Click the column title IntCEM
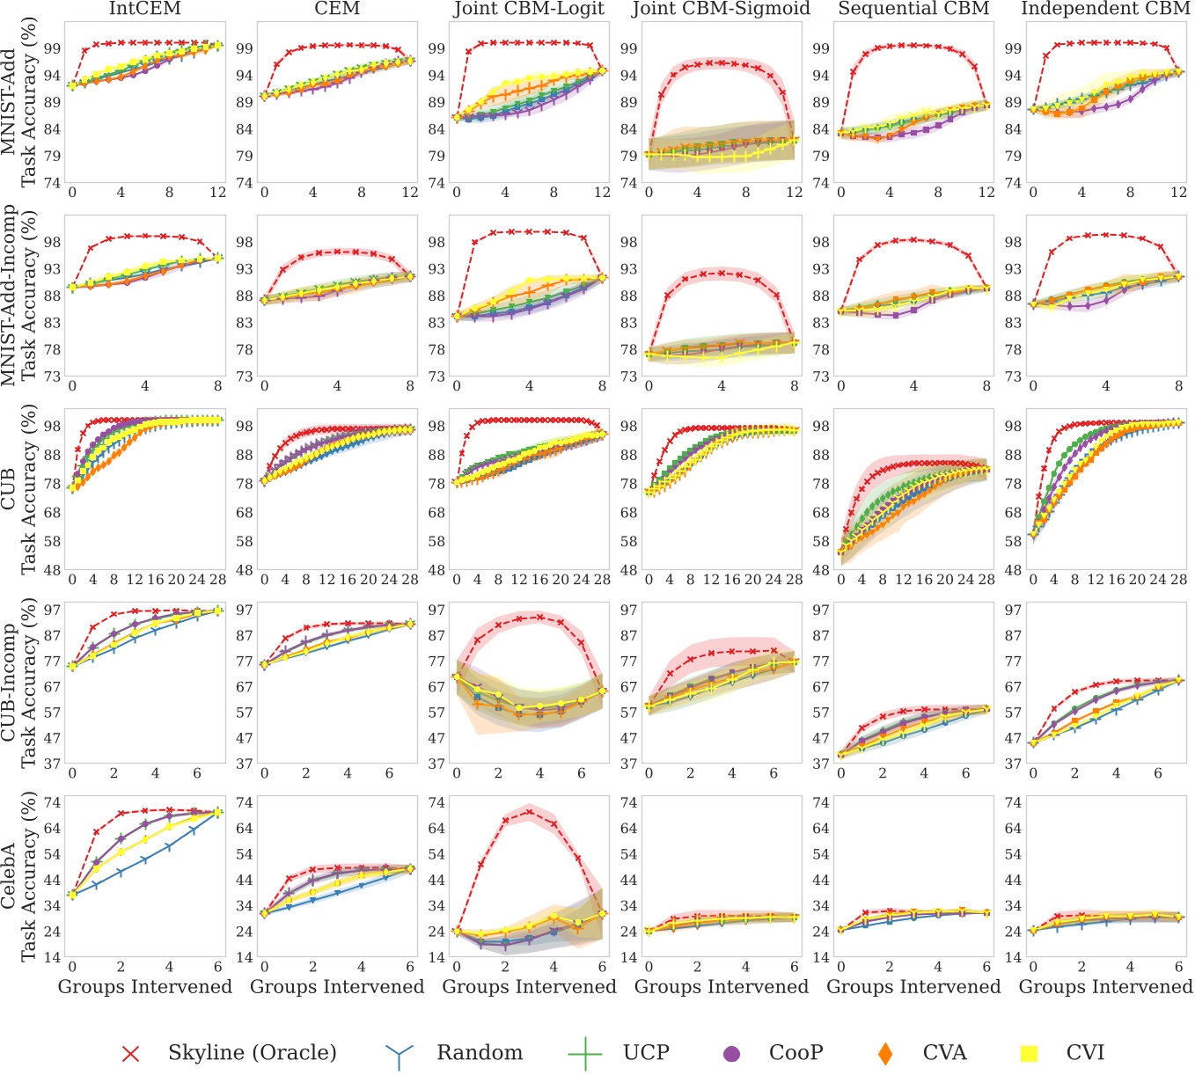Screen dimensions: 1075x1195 click(145, 10)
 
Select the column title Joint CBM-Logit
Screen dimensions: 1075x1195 click(529, 10)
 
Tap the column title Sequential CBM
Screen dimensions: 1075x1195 click(913, 10)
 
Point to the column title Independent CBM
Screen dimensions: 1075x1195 click(1106, 10)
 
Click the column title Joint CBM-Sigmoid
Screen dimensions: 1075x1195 click(721, 10)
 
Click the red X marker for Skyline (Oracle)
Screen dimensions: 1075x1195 click(130, 1053)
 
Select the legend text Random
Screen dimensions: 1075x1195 click(479, 1053)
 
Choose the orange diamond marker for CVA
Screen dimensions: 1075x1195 click(885, 1053)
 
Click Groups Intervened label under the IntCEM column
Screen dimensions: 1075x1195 click(145, 987)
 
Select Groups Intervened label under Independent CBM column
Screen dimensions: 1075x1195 click(1106, 987)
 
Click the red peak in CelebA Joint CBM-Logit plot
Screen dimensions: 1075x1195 click(529, 812)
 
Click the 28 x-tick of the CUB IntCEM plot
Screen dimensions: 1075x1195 click(217, 581)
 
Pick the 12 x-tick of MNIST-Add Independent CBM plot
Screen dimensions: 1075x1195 click(1178, 193)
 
